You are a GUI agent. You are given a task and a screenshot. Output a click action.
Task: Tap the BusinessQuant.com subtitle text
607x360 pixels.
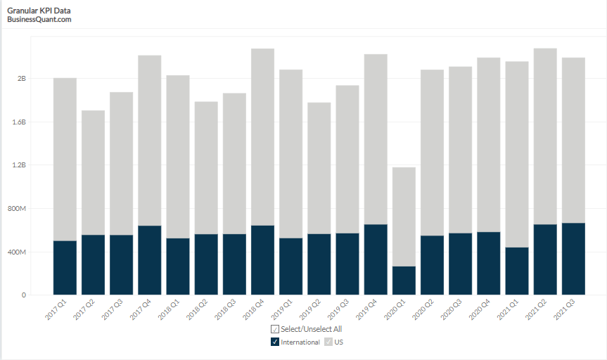click(x=39, y=20)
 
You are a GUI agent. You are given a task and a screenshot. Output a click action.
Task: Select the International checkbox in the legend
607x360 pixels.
click(x=275, y=342)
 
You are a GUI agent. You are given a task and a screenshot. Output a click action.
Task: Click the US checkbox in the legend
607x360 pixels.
click(x=328, y=342)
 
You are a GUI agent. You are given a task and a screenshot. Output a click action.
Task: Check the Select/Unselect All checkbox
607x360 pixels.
click(x=275, y=329)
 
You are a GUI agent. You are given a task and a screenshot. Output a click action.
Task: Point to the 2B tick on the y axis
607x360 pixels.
click(x=21, y=79)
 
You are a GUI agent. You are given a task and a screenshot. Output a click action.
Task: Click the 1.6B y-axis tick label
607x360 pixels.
click(x=18, y=122)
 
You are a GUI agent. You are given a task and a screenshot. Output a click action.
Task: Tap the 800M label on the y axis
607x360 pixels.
click(x=17, y=209)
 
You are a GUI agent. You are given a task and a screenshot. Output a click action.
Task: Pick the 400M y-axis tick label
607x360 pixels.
click(x=17, y=252)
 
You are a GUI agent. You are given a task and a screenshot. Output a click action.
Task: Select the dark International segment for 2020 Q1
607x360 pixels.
click(x=404, y=281)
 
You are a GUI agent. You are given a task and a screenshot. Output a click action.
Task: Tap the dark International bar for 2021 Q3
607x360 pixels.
click(x=573, y=259)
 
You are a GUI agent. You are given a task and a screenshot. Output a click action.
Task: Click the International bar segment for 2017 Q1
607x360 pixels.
click(x=65, y=268)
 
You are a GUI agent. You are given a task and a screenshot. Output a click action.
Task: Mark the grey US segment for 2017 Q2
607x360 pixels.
click(x=93, y=172)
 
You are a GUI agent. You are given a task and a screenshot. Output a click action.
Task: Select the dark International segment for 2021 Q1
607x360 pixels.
click(x=517, y=271)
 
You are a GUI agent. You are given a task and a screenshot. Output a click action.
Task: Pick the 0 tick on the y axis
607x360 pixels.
click(x=23, y=295)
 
